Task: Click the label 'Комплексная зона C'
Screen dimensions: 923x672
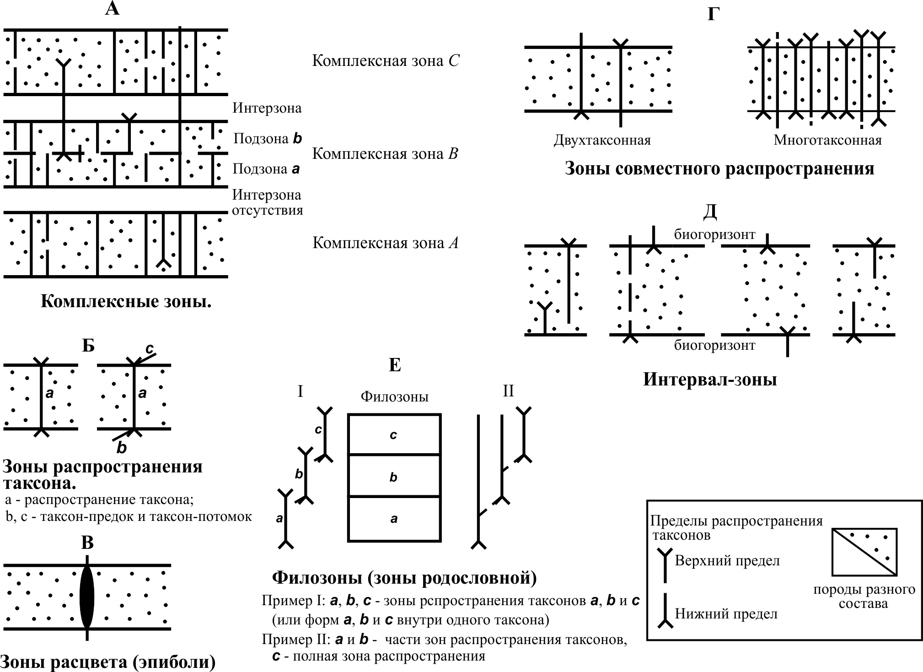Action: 386,61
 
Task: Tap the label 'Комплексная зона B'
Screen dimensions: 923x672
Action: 385,154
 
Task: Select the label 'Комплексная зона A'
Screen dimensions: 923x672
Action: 385,243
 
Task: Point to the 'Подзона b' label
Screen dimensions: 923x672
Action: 268,139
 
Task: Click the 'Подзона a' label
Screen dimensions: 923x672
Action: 266,169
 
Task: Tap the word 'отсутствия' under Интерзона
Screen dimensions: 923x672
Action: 268,211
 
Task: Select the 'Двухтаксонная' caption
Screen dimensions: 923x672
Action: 602,140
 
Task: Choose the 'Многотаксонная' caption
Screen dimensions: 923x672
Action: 827,140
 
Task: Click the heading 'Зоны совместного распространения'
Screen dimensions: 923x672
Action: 719,169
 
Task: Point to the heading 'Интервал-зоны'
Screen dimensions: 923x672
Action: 710,379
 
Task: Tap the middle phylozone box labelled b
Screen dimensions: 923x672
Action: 394,476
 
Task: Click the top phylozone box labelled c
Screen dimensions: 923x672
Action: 394,434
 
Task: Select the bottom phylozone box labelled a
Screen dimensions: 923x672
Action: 394,519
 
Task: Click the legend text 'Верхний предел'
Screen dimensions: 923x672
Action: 727,561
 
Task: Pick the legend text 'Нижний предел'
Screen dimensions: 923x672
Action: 726,613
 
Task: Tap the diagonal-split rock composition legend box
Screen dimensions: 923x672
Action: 864,552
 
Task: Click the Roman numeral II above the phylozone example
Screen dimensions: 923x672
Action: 508,391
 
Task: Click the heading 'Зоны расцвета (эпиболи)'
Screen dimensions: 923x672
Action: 108,662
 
